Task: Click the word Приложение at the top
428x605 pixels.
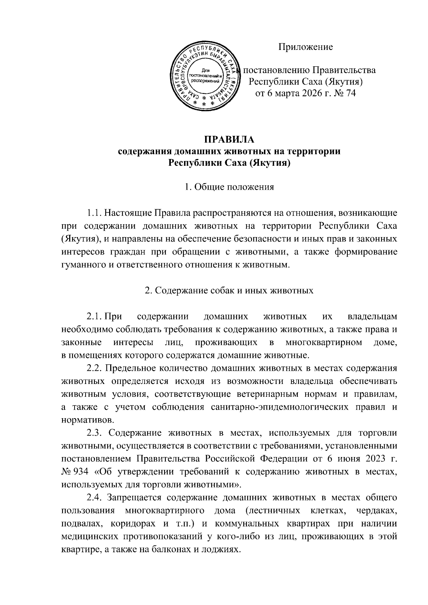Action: coord(305,47)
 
